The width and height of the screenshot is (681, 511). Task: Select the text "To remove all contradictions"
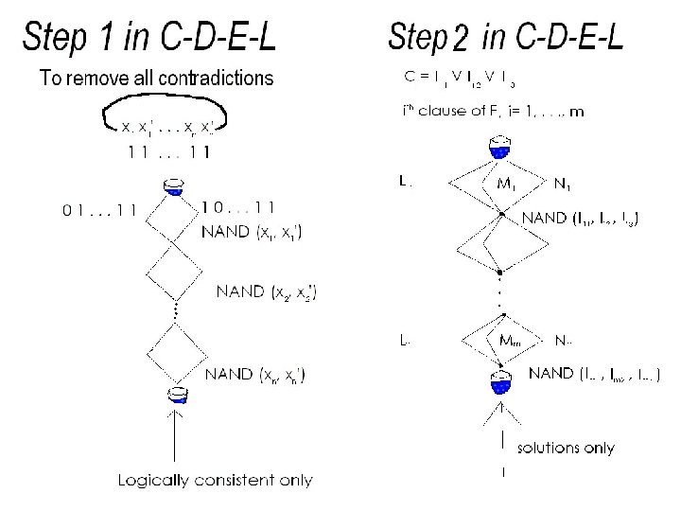pos(157,79)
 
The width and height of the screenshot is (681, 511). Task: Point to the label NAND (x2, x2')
pos(268,291)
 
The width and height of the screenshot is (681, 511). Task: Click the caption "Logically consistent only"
pos(214,480)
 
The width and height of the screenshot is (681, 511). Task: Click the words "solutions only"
pos(565,447)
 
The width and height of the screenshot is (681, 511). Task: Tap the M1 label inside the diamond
pos(508,184)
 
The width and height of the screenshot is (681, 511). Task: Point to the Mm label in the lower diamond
pos(510,340)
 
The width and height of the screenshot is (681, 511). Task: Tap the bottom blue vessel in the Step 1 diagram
pos(176,395)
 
